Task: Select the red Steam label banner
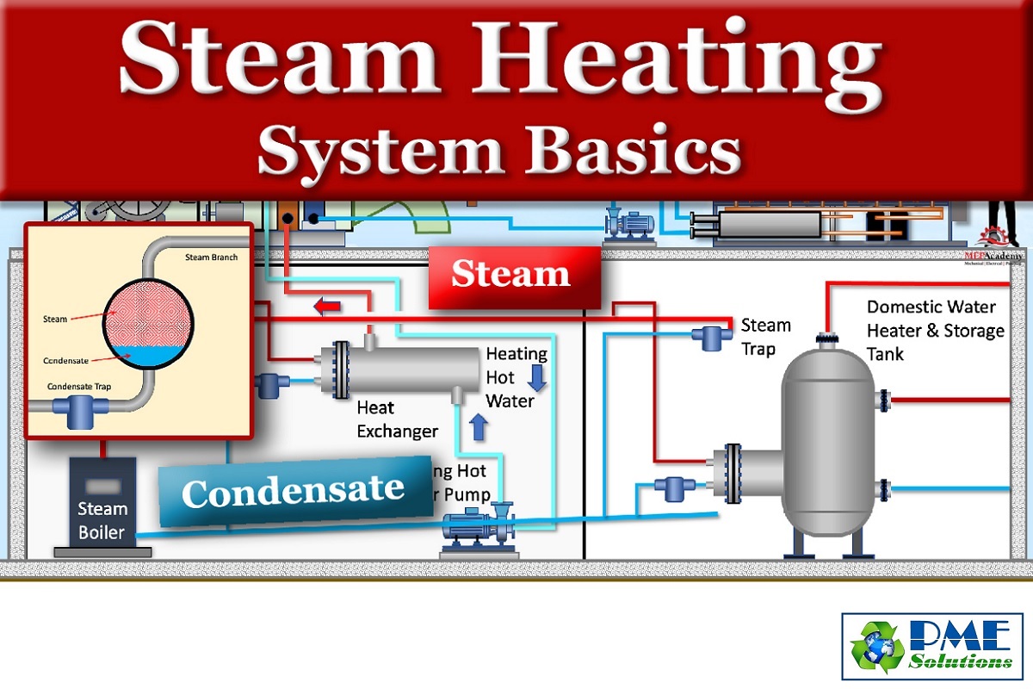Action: point(513,276)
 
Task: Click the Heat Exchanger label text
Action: point(397,419)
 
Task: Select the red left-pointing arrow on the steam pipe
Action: point(326,306)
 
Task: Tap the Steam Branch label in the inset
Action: point(211,258)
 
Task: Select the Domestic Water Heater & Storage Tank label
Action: point(935,330)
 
